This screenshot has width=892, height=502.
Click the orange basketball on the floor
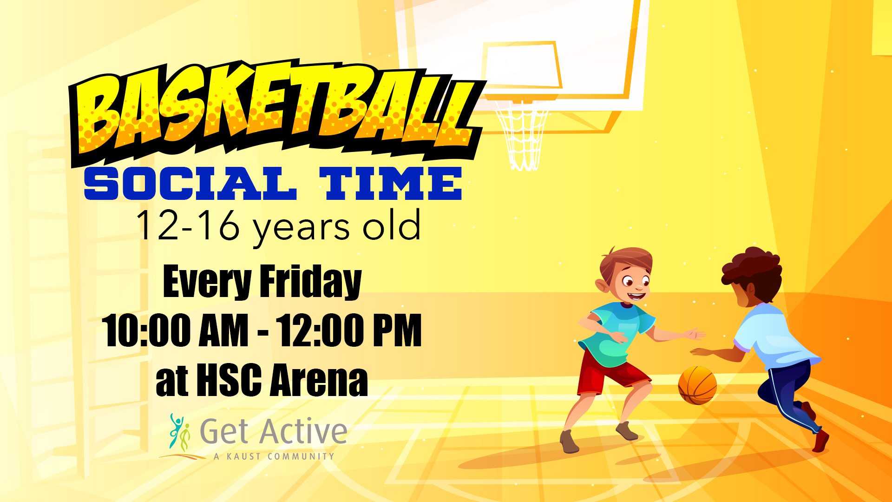[x=697, y=385]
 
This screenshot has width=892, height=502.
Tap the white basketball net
[x=522, y=135]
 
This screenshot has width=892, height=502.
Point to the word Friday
[x=310, y=282]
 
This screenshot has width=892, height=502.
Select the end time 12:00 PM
[x=349, y=330]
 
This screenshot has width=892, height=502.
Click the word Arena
[x=319, y=380]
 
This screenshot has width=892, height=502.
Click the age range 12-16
[x=188, y=225]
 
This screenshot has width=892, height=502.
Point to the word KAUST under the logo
[x=243, y=456]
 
